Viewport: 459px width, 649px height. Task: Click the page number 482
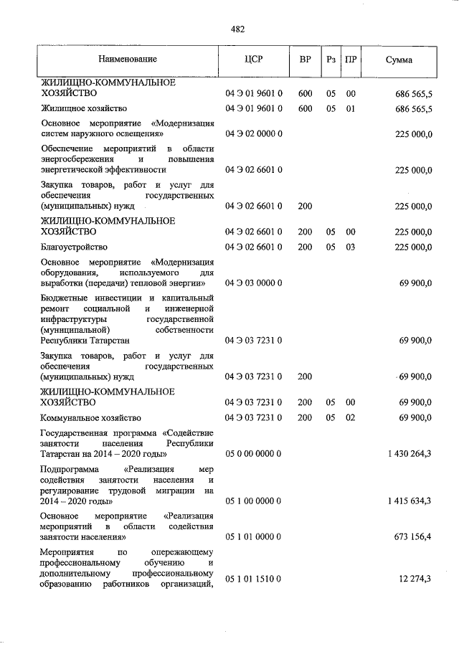(238, 29)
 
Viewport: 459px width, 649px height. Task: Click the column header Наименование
(128, 59)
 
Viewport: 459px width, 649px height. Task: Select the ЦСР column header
(254, 60)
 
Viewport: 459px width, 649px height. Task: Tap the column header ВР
(305, 60)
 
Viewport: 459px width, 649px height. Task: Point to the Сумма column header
(398, 60)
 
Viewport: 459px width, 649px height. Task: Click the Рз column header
(331, 60)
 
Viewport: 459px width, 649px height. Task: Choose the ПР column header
(351, 60)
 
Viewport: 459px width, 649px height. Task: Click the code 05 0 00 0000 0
(255, 453)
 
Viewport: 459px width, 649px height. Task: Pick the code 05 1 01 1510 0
(255, 578)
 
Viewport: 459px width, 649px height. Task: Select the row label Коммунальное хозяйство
(90, 417)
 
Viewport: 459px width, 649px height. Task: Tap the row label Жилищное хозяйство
(84, 108)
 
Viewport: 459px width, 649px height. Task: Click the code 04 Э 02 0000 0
(255, 133)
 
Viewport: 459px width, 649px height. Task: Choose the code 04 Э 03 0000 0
(255, 283)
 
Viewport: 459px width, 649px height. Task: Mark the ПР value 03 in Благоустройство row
(351, 246)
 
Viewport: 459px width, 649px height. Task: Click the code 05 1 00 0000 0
(255, 501)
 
